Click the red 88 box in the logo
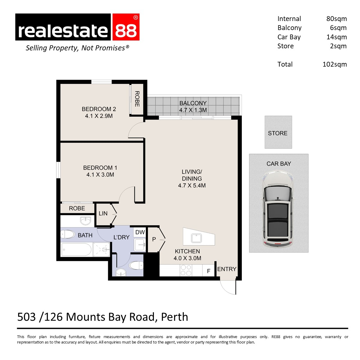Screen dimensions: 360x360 [x=126, y=27]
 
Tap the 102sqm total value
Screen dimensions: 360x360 [x=334, y=64]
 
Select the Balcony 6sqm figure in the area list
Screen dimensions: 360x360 [x=338, y=28]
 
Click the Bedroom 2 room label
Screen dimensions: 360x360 [x=99, y=109]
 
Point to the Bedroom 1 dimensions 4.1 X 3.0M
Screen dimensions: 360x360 [x=100, y=175]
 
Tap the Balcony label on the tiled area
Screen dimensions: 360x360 [x=193, y=103]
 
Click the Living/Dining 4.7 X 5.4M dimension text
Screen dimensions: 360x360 [x=192, y=185]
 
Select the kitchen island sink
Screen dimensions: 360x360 [x=196, y=238]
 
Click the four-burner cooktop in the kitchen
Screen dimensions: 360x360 [x=186, y=270]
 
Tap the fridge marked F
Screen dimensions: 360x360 [x=208, y=271]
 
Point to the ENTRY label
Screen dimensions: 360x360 [x=227, y=269]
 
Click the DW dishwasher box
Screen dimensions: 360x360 [x=140, y=232]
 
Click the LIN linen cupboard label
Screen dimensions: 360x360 [x=103, y=213]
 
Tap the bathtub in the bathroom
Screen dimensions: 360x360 [x=76, y=249]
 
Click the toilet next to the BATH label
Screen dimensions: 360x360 [x=67, y=234]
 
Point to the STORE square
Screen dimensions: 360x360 [x=278, y=132]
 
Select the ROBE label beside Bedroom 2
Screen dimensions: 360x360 [x=137, y=99]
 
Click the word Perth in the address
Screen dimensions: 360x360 [x=175, y=317]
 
